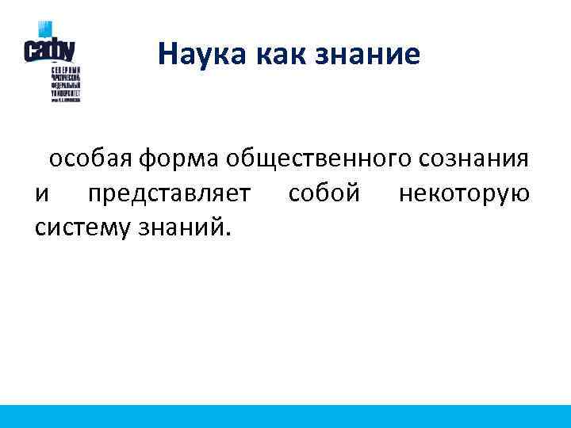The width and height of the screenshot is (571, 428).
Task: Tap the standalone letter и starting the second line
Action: tap(41, 194)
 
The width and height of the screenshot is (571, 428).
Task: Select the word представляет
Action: tap(170, 194)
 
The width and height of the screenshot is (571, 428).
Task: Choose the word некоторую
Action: tap(465, 194)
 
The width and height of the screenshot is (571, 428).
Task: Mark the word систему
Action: tap(84, 228)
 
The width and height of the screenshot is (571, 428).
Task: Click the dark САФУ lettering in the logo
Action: tap(49, 50)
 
